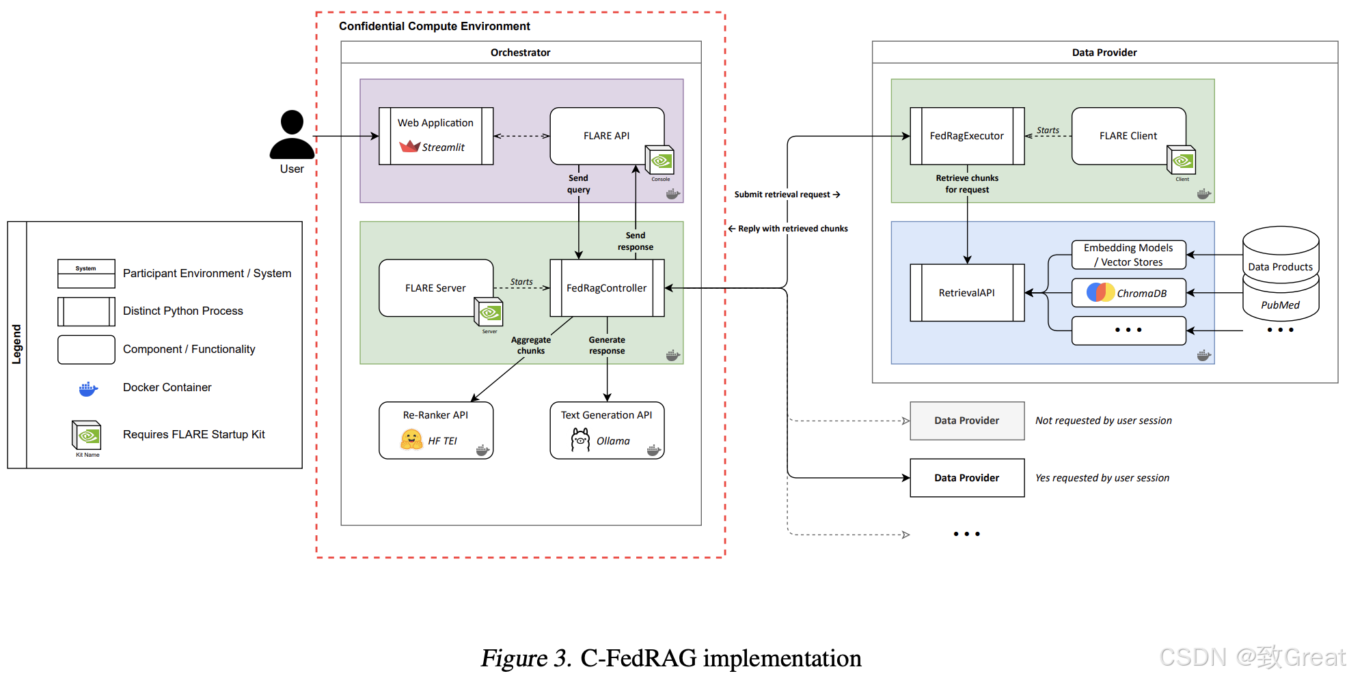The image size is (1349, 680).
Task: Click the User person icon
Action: (x=292, y=135)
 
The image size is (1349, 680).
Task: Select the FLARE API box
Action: (x=606, y=136)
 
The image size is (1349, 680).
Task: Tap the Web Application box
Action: (x=436, y=136)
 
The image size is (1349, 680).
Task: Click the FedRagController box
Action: (x=606, y=288)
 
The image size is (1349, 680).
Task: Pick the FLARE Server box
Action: (x=435, y=288)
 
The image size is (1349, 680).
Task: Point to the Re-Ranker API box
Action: (x=435, y=429)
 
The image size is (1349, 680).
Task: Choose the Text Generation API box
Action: (x=606, y=429)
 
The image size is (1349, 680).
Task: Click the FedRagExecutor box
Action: (x=966, y=136)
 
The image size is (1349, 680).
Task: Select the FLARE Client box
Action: (x=1128, y=136)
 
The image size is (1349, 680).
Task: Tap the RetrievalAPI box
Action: (x=966, y=293)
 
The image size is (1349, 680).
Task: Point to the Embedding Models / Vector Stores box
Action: (x=1128, y=255)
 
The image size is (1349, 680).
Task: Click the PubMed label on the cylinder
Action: (x=1280, y=305)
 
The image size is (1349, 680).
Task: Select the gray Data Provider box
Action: (x=966, y=421)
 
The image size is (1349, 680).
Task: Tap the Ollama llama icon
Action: (x=580, y=440)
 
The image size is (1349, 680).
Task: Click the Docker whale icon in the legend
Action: (x=87, y=389)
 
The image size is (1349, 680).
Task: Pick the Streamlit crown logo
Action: (x=409, y=146)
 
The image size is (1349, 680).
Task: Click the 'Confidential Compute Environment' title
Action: (x=434, y=26)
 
